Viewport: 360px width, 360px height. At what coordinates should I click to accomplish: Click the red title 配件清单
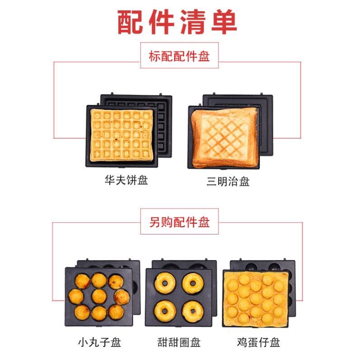[x=177, y=22]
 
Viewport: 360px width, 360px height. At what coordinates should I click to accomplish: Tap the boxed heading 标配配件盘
[x=179, y=56]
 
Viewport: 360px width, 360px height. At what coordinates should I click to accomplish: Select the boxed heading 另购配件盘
[x=179, y=222]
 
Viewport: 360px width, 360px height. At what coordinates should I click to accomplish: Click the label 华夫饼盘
[x=126, y=180]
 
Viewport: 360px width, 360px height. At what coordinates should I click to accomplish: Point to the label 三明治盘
[x=228, y=182]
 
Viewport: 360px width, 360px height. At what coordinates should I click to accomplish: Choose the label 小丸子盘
[x=99, y=342]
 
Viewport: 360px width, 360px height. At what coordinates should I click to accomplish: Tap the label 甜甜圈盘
[x=179, y=342]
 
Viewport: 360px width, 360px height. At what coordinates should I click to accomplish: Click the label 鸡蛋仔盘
[x=258, y=342]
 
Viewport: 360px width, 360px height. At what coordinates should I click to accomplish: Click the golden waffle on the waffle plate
[x=122, y=135]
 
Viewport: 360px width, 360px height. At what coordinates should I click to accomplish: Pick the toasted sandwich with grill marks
[x=225, y=137]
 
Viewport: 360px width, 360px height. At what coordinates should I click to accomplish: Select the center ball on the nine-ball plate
[x=99, y=296]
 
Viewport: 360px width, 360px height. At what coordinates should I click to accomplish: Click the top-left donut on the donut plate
[x=165, y=283]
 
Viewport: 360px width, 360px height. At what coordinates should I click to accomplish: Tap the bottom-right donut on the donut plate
[x=193, y=311]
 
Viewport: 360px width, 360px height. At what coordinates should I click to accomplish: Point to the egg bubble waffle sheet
[x=256, y=298]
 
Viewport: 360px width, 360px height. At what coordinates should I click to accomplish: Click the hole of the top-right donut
[x=193, y=284]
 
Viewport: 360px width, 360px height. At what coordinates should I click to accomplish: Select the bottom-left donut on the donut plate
[x=165, y=311]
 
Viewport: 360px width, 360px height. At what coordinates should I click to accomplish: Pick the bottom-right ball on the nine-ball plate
[x=116, y=312]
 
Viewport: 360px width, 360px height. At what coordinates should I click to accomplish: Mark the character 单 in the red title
[x=224, y=22]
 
